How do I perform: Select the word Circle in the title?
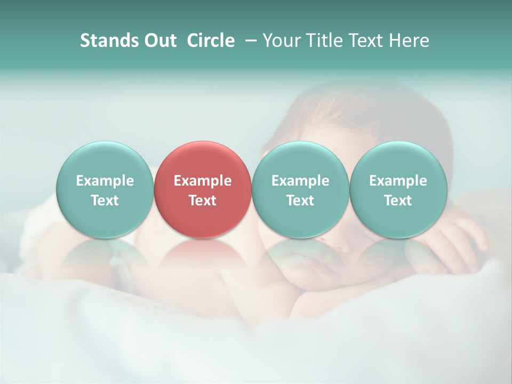[211, 41]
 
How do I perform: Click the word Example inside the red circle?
[203, 181]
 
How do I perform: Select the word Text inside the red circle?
[203, 201]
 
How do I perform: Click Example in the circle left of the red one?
[105, 181]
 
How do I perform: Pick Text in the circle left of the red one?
[105, 201]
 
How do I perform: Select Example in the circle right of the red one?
[300, 181]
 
